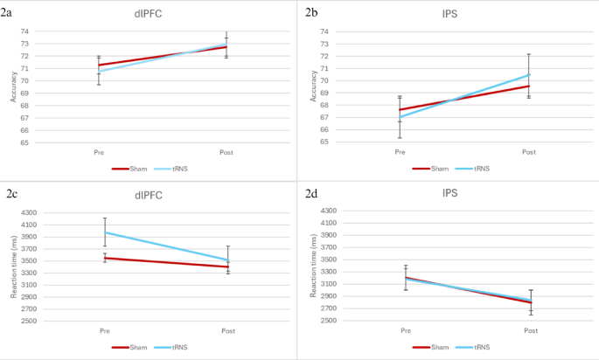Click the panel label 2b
click(x=312, y=12)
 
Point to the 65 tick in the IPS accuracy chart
click(x=324, y=142)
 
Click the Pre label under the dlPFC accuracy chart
click(x=100, y=152)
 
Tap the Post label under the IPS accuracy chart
click(x=528, y=152)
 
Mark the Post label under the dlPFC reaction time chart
click(x=228, y=330)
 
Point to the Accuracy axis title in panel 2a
click(x=12, y=87)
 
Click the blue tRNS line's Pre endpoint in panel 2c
click(x=104, y=232)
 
